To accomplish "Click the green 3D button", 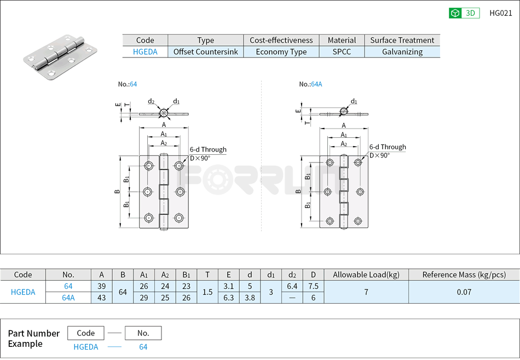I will pyautogui.click(x=464, y=13).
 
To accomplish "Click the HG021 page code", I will pyautogui.click(x=500, y=13).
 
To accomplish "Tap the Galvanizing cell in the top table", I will pyautogui.click(x=402, y=52).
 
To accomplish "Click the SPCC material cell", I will pyautogui.click(x=342, y=52).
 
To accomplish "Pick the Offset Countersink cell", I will pyautogui.click(x=205, y=52).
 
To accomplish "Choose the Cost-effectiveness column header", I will pyautogui.click(x=281, y=40).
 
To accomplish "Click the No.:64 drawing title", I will pyautogui.click(x=128, y=84).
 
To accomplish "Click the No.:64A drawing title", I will pyautogui.click(x=310, y=84).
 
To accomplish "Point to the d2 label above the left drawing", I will pyautogui.click(x=151, y=101).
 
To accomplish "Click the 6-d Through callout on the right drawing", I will pyautogui.click(x=387, y=147).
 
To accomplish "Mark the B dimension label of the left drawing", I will pyautogui.click(x=117, y=191).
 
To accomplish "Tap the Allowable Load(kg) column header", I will pyautogui.click(x=366, y=275).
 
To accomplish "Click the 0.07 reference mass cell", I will pyautogui.click(x=464, y=292).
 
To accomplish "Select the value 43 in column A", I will pyautogui.click(x=101, y=298).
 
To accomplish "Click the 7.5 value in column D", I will pyautogui.click(x=313, y=286).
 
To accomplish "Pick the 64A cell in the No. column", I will pyautogui.click(x=68, y=298).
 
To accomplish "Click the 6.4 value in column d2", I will pyautogui.click(x=292, y=286).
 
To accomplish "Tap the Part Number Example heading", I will pyautogui.click(x=33, y=339).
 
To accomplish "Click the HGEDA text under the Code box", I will pyautogui.click(x=86, y=347).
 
